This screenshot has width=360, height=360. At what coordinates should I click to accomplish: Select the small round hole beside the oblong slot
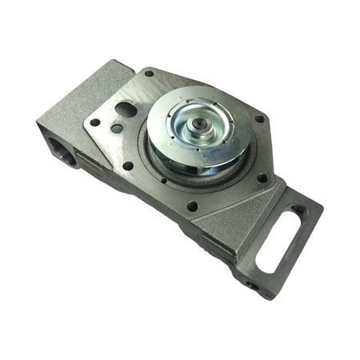pyautogui.click(x=298, y=210)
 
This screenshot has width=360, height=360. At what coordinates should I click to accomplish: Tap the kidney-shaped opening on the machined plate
pyautogui.click(x=126, y=108)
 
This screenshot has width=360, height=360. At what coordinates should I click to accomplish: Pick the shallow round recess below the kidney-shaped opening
pyautogui.click(x=117, y=127)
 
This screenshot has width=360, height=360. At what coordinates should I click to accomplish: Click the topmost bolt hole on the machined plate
pyautogui.click(x=150, y=74)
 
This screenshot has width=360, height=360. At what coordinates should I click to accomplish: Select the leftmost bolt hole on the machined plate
pyautogui.click(x=95, y=122)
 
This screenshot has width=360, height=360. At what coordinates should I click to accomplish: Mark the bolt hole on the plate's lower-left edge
pyautogui.click(x=128, y=166)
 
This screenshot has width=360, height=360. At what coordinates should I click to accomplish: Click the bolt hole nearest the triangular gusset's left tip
pyautogui.click(x=192, y=206)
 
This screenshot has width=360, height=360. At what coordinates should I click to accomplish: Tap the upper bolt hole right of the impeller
pyautogui.click(x=258, y=119)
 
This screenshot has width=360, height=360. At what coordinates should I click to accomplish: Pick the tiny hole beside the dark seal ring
pyautogui.click(x=163, y=180)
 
